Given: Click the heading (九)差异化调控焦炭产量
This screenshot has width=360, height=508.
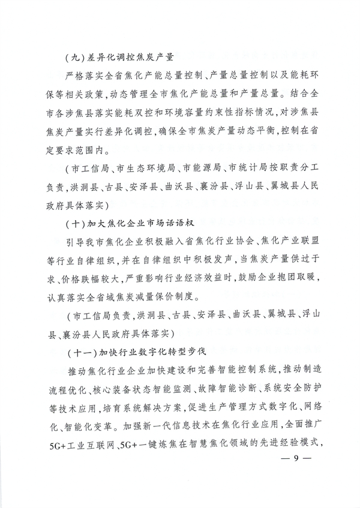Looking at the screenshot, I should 118,58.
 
